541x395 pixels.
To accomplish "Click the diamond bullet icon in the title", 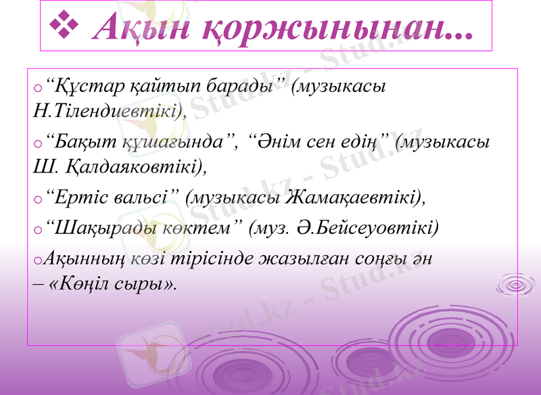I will click(66, 26).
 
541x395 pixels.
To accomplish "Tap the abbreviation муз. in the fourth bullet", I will click(272, 228).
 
